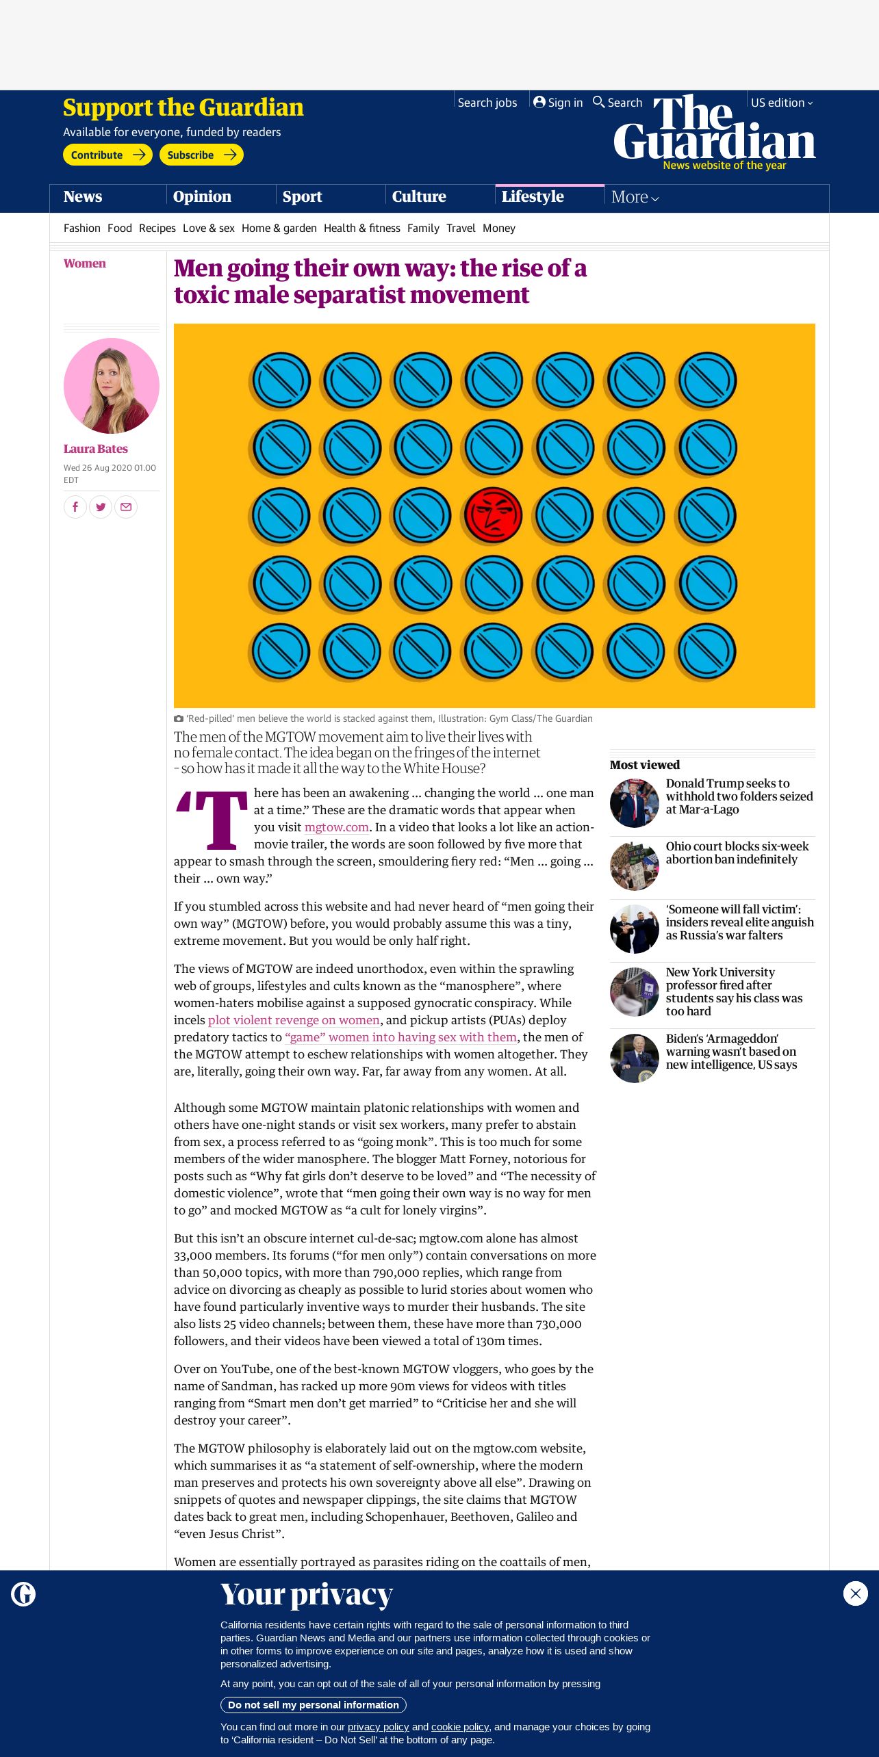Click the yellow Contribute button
click(x=107, y=155)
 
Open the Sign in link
click(x=558, y=103)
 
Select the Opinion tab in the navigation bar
click(x=202, y=197)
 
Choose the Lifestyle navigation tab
click(x=533, y=197)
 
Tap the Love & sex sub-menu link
click(x=208, y=229)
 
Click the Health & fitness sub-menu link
click(x=361, y=229)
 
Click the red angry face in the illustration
click(x=493, y=515)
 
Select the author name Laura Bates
click(x=96, y=449)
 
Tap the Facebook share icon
click(x=75, y=507)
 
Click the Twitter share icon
click(x=101, y=507)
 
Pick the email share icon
click(x=126, y=507)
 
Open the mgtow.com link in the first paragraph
click(x=336, y=827)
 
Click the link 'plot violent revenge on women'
click(x=294, y=1020)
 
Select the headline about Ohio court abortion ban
click(x=737, y=853)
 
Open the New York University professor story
click(x=734, y=991)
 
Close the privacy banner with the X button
click(x=855, y=1594)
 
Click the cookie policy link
click(x=460, y=1727)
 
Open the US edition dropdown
click(x=781, y=103)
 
